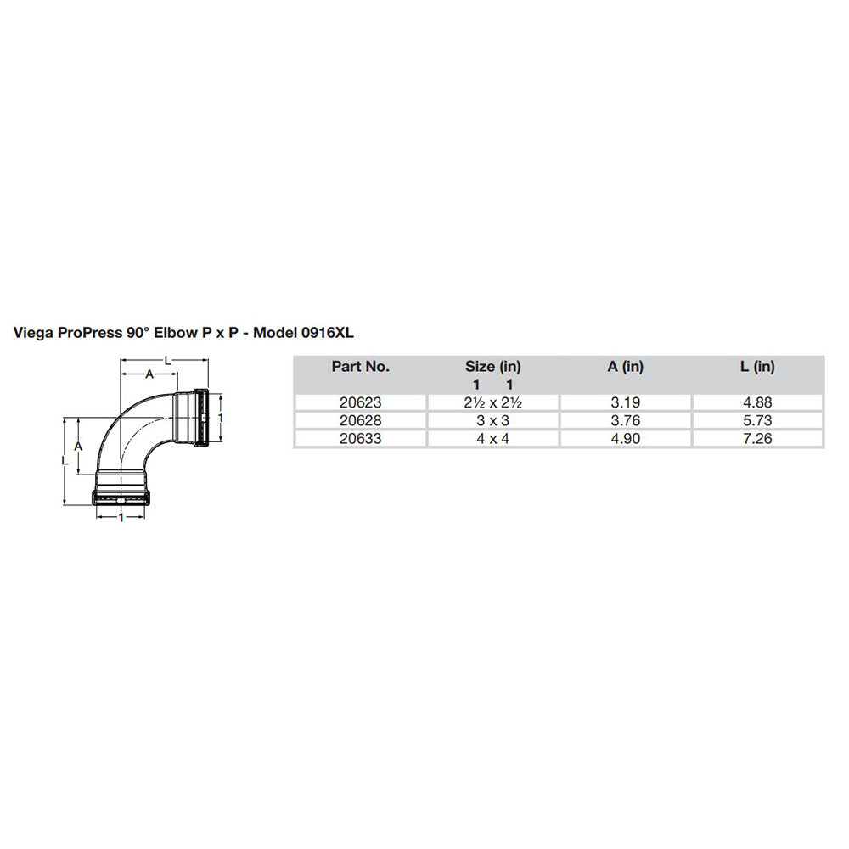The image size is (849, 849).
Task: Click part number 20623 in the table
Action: click(360, 403)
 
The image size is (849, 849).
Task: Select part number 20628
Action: click(360, 420)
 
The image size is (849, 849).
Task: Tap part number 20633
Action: click(360, 438)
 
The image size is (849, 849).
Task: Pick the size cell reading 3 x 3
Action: click(492, 420)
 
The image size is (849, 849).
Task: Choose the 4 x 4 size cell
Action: click(492, 438)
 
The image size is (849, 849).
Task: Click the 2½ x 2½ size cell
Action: click(492, 403)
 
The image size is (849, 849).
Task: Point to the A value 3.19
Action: click(626, 403)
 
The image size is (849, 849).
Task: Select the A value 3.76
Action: click(626, 420)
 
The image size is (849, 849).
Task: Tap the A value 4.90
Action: click(626, 438)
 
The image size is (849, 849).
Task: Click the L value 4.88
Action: click(757, 403)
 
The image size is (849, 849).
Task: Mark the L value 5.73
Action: click(757, 420)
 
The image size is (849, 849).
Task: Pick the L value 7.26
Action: click(757, 438)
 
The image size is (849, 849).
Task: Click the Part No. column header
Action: click(360, 367)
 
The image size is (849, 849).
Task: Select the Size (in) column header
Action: click(492, 367)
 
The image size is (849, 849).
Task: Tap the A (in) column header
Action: click(626, 367)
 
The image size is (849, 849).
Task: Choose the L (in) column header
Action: click(757, 367)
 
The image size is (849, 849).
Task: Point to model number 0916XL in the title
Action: click(327, 334)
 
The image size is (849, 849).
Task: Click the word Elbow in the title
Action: click(174, 334)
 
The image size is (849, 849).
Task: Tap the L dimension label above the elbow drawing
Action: click(168, 361)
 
